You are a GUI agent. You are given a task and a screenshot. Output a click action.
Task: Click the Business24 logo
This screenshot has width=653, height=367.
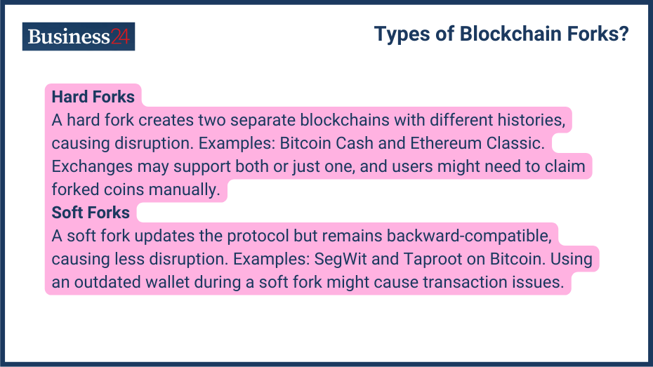[x=78, y=36]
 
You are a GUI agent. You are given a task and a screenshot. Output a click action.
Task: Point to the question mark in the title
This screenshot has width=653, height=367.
[x=624, y=34]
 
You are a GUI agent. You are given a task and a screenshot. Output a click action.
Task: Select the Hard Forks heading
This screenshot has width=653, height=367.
[x=93, y=97]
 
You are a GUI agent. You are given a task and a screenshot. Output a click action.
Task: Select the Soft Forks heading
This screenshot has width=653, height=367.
[x=91, y=213]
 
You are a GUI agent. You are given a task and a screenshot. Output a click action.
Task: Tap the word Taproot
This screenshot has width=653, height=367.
[x=430, y=259]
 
